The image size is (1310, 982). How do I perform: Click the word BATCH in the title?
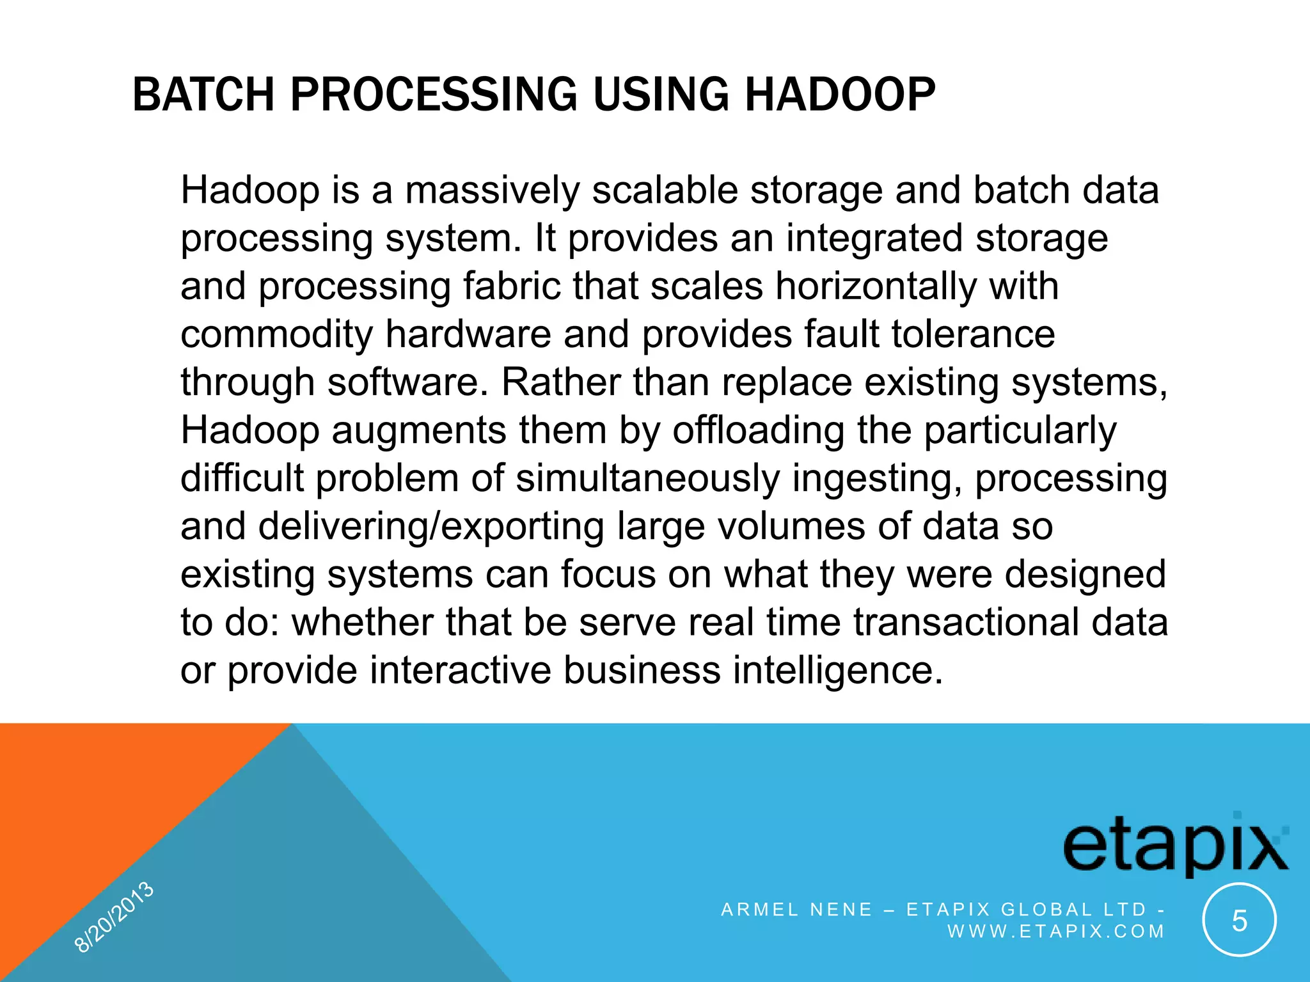(x=203, y=95)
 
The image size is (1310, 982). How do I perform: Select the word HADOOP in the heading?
(x=839, y=95)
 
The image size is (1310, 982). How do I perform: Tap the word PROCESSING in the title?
(x=434, y=95)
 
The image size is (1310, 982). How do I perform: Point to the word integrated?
(x=874, y=238)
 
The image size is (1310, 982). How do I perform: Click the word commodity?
(x=276, y=335)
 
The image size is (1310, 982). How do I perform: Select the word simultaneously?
(x=648, y=478)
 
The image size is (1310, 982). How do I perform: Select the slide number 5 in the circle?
(x=1239, y=921)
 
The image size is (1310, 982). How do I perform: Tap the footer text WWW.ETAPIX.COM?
(x=1056, y=931)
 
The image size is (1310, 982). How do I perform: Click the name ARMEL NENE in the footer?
(x=796, y=909)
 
